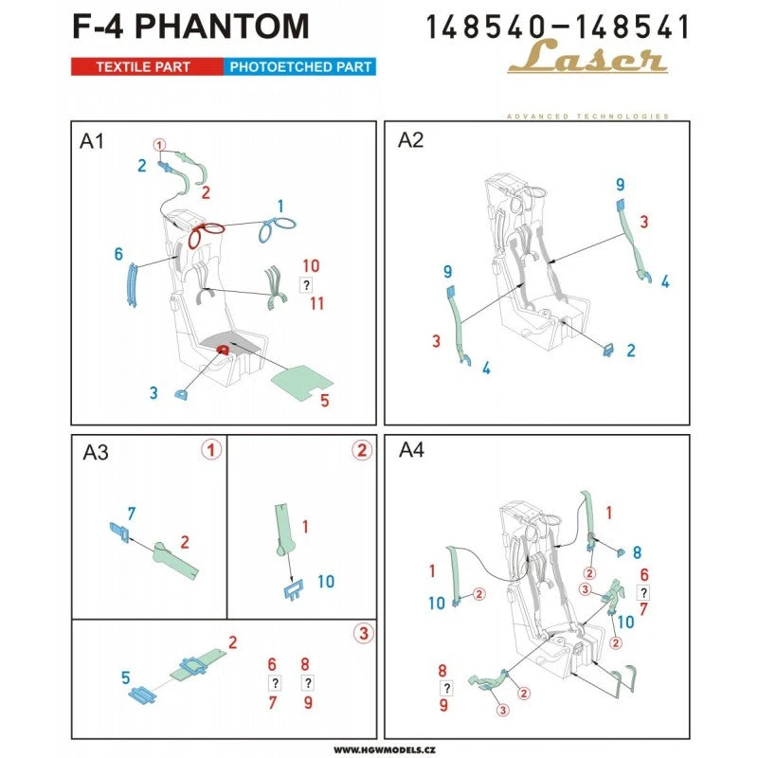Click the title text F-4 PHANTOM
tap(189, 26)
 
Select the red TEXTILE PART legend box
tap(146, 67)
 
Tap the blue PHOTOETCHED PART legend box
tap(298, 67)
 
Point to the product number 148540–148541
tap(557, 26)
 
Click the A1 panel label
tap(92, 141)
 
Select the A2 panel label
tap(411, 141)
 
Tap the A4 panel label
tap(411, 453)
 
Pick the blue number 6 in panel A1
tap(118, 254)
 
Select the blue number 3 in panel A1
tap(153, 392)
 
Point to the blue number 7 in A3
tap(132, 513)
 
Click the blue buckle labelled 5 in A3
tap(143, 695)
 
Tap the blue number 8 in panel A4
tap(637, 551)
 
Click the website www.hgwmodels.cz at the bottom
tap(379, 748)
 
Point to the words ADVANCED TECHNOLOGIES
tap(587, 117)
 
